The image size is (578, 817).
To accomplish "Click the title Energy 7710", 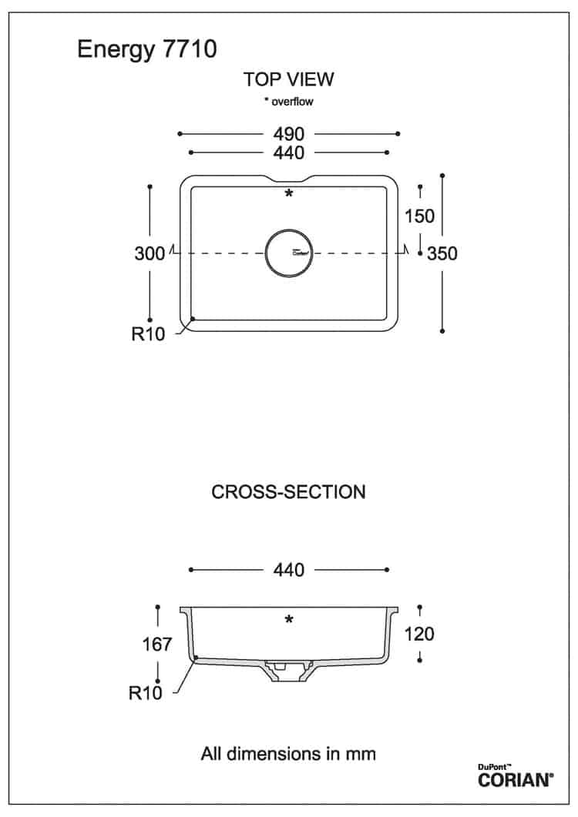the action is coord(147,50).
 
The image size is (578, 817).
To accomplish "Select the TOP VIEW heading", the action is coord(288,79).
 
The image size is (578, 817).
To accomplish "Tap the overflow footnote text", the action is coord(288,101).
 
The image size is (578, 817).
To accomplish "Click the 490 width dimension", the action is coord(288,134).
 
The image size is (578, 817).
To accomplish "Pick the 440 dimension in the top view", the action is coord(288,152).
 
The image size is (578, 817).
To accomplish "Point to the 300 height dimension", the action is coord(150,253).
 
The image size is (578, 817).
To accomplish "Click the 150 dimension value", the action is coord(419,216).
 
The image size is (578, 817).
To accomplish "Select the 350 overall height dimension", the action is coord(442,253).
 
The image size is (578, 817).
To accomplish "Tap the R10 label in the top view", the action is coord(148,333).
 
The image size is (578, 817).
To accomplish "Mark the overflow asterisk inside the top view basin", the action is coord(288,194).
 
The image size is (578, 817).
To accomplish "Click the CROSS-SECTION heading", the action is coord(288,492).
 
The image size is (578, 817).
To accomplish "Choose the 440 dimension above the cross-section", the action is coord(288,570).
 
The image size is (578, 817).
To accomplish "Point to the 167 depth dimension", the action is coord(157,645).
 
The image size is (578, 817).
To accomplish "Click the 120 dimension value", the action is coord(419,634).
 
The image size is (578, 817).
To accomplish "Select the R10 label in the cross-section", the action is coord(146,693).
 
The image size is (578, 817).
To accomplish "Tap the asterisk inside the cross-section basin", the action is coord(288,620).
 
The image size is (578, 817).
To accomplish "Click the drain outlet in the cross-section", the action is coord(288,671).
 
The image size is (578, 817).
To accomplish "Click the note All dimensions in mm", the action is coord(288,753).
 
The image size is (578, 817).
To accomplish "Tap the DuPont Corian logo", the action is coord(516,776).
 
